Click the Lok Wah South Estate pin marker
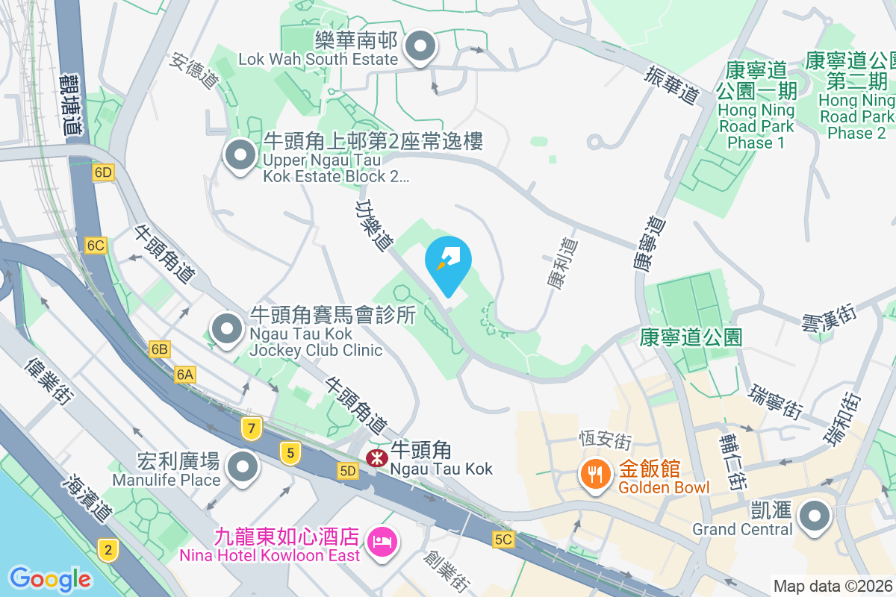pos(420,46)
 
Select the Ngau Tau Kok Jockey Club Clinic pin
pos(226,329)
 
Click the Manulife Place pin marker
pos(243,468)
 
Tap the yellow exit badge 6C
pos(96,246)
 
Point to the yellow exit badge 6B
pos(159,348)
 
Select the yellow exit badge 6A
pos(185,375)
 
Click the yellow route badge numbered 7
pos(252,428)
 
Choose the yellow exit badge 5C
pos(503,539)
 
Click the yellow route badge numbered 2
pos(108,551)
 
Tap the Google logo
pos(50,578)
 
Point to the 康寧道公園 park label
pos(691,337)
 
